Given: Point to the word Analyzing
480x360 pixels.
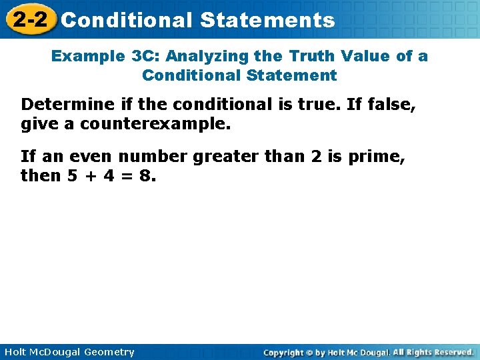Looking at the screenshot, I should click(x=211, y=56).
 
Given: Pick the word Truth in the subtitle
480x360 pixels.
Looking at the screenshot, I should click(x=311, y=56).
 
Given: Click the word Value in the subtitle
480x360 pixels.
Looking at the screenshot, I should click(x=368, y=56).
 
